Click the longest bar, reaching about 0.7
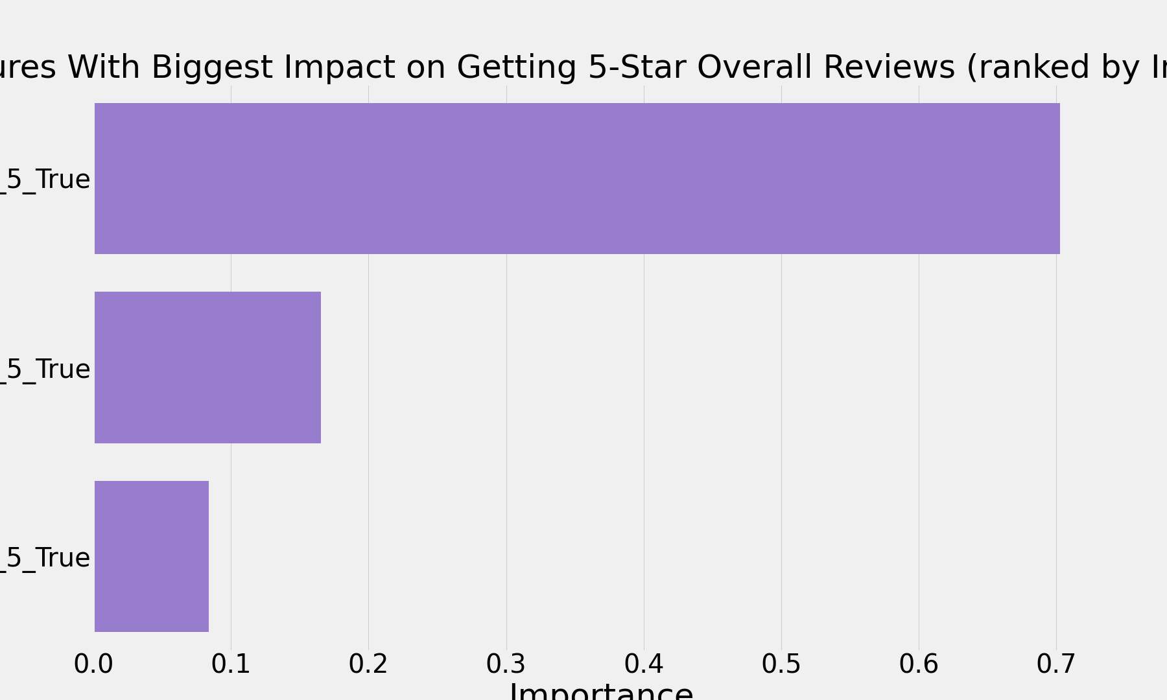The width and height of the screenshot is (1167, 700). (x=577, y=178)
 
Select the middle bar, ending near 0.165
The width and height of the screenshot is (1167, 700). (x=207, y=367)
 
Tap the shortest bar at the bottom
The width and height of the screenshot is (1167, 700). (x=152, y=556)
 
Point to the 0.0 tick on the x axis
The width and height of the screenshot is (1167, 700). (x=93, y=664)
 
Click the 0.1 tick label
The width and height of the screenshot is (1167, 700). (x=231, y=664)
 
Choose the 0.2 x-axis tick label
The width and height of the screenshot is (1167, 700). (x=368, y=664)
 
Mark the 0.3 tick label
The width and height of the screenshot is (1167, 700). (x=506, y=664)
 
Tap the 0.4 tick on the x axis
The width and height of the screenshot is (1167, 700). (x=644, y=664)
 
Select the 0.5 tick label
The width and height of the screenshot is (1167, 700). (x=781, y=664)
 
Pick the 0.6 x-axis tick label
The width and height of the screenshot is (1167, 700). (x=919, y=664)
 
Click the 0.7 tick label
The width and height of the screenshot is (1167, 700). (x=1056, y=664)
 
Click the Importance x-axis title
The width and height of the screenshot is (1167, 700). (x=601, y=691)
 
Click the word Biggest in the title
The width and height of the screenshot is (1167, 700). (x=211, y=67)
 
